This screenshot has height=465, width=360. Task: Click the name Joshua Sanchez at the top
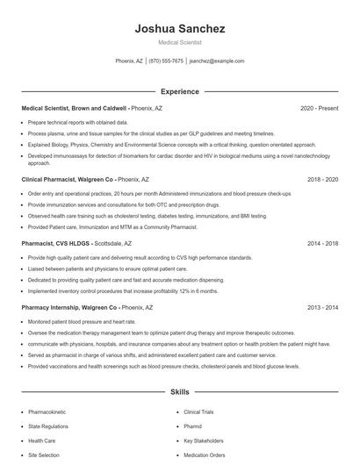[x=180, y=28]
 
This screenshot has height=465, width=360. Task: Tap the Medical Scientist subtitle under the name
[x=180, y=42]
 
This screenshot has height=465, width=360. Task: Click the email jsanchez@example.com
[x=217, y=61]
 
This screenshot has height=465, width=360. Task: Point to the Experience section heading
[x=180, y=91]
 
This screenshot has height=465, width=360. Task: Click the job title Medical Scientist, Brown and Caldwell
[x=74, y=108]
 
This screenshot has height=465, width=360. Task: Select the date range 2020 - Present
[x=319, y=108]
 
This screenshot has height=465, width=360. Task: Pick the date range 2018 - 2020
[x=322, y=178]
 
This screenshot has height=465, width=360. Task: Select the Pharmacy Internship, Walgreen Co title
[x=69, y=308]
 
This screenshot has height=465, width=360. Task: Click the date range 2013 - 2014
[x=322, y=308]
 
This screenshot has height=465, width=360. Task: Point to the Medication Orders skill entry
[x=205, y=455]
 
